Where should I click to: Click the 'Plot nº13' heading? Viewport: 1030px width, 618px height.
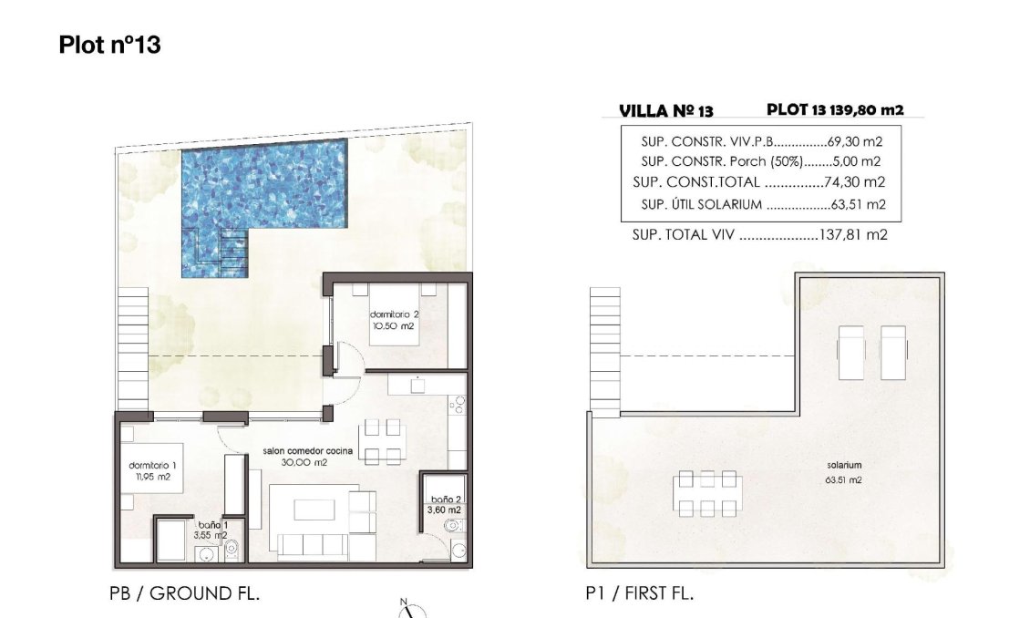(109, 45)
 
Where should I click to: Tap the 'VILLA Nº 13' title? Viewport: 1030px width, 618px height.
(665, 111)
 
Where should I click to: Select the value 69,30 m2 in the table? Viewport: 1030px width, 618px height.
(857, 142)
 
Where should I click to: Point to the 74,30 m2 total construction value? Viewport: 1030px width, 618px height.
(857, 182)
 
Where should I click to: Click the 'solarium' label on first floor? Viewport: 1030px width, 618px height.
(843, 465)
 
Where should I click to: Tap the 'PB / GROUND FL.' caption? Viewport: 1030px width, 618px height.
(185, 593)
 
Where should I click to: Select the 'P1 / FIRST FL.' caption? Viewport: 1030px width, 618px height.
(639, 593)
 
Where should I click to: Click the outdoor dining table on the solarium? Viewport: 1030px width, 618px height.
(708, 493)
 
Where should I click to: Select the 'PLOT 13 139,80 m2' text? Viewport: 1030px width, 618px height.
(835, 109)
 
